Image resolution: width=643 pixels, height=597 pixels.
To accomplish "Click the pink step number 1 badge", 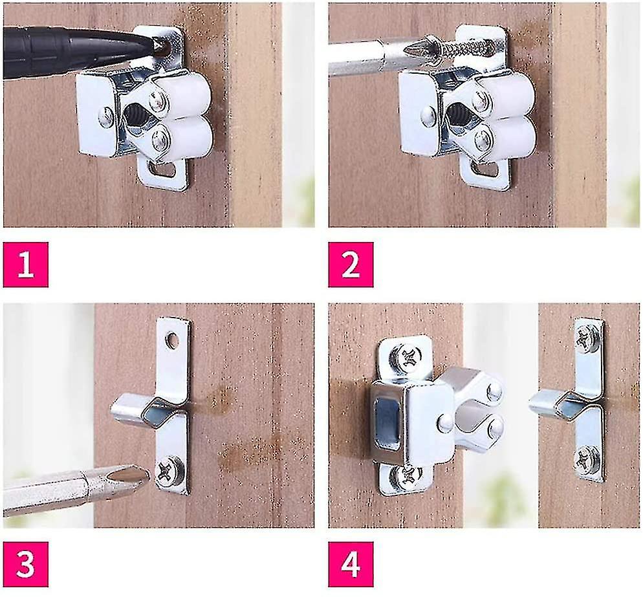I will point(26,265).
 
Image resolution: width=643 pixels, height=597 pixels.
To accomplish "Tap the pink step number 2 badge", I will point(351,265).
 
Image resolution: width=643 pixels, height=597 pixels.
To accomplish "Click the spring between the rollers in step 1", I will point(137,118).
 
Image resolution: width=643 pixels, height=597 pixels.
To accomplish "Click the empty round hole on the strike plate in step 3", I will point(172,338).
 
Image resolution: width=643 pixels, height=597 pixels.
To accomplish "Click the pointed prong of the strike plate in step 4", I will point(538,402).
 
